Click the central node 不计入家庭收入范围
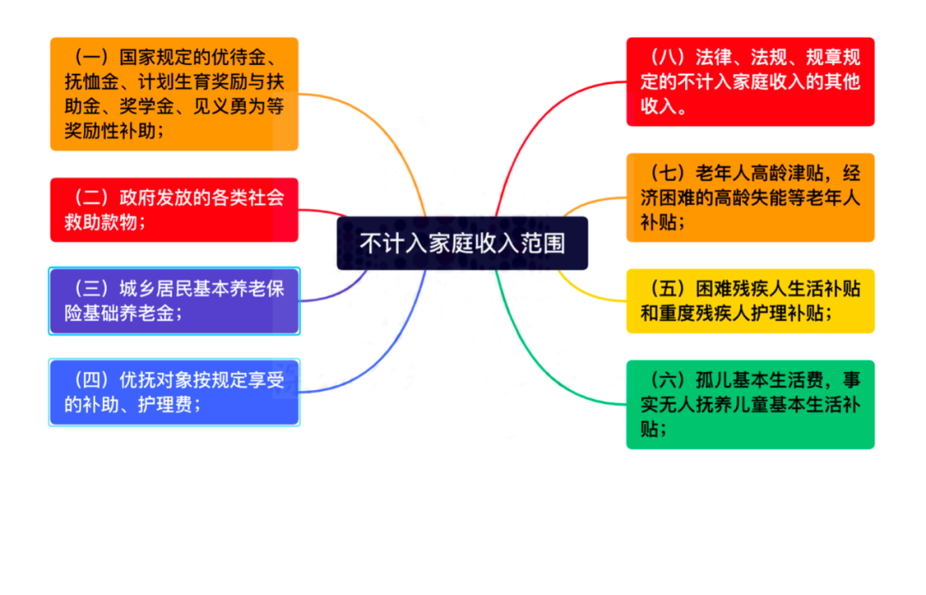point(462,243)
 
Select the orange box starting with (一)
point(174,93)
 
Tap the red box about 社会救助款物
point(174,209)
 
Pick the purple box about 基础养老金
point(174,301)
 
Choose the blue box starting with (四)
point(174,393)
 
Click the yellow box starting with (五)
point(750,301)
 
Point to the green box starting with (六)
point(750,405)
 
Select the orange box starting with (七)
point(750,198)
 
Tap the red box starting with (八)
point(750,81)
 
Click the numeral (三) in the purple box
point(91,289)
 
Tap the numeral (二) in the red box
point(91,197)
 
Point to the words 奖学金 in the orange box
point(147,106)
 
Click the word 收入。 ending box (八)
point(664,106)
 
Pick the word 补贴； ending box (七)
point(663,222)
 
